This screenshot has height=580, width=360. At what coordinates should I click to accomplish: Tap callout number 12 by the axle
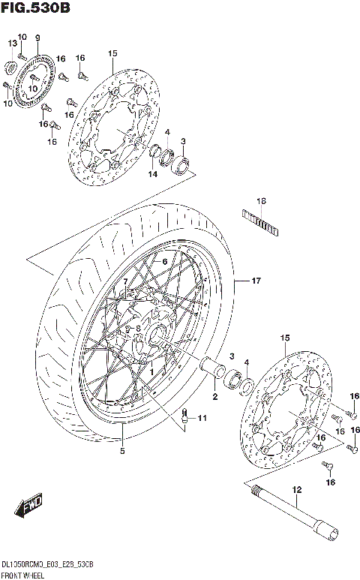tap(296, 490)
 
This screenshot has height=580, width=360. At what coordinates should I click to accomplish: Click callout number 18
tap(261, 201)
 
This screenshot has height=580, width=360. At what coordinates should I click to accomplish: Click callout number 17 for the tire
tap(256, 281)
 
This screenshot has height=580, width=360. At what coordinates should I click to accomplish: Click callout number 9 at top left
tap(37, 38)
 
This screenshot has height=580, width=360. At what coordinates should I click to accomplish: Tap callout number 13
tap(12, 44)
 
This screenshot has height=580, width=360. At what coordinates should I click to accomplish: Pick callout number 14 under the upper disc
tap(152, 174)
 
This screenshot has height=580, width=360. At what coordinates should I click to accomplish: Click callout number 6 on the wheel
tap(163, 261)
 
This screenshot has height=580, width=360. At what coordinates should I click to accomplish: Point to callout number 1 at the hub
tap(151, 371)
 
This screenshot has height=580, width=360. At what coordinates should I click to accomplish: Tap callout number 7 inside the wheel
tap(126, 281)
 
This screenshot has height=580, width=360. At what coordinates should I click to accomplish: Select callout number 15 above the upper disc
tap(113, 53)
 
